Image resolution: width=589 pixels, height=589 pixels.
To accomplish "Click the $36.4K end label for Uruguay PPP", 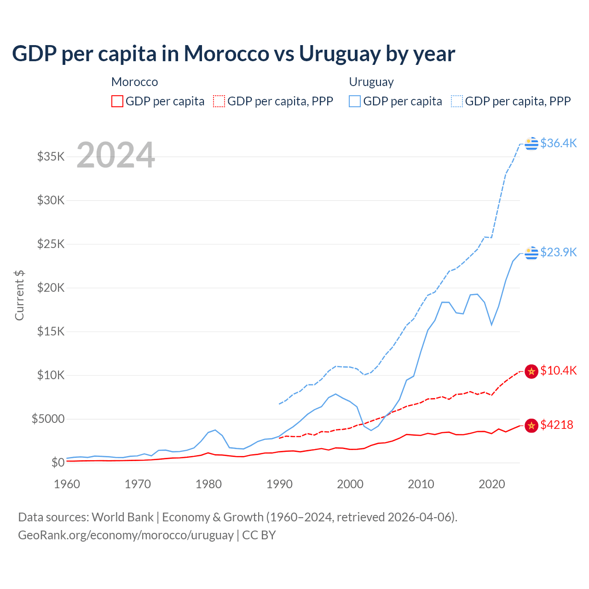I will [558, 143].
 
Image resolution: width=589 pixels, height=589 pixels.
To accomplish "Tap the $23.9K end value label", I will [558, 252].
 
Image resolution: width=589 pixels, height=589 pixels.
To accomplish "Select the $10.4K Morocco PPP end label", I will [558, 370].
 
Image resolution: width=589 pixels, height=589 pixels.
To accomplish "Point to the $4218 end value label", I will [556, 425].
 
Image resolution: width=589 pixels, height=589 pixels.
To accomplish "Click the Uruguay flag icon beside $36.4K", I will [531, 144].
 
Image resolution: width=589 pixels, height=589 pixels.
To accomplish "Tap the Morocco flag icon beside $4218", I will [531, 426].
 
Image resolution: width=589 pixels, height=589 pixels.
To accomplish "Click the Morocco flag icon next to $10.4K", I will [531, 371].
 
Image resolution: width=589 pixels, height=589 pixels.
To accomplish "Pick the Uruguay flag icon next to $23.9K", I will [531, 253].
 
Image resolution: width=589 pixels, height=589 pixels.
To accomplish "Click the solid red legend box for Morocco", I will [117, 101].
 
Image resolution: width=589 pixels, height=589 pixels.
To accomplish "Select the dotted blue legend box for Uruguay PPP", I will [457, 101].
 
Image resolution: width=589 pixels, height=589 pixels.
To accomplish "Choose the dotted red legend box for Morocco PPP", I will [219, 101].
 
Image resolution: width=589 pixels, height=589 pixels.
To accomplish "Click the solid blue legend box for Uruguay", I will [355, 101].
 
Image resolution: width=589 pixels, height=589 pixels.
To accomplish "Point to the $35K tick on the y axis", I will [51, 156].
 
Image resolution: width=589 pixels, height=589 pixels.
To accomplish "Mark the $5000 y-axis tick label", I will [48, 419].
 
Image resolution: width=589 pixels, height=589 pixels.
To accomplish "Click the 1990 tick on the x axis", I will [279, 484].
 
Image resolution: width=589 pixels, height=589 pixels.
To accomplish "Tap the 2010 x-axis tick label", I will [421, 484].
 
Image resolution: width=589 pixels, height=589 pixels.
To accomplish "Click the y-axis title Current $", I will [19, 295].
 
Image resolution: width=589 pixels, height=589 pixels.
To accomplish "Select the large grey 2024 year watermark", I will [115, 155].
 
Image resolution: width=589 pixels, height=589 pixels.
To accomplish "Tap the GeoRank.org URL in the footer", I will [126, 535].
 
